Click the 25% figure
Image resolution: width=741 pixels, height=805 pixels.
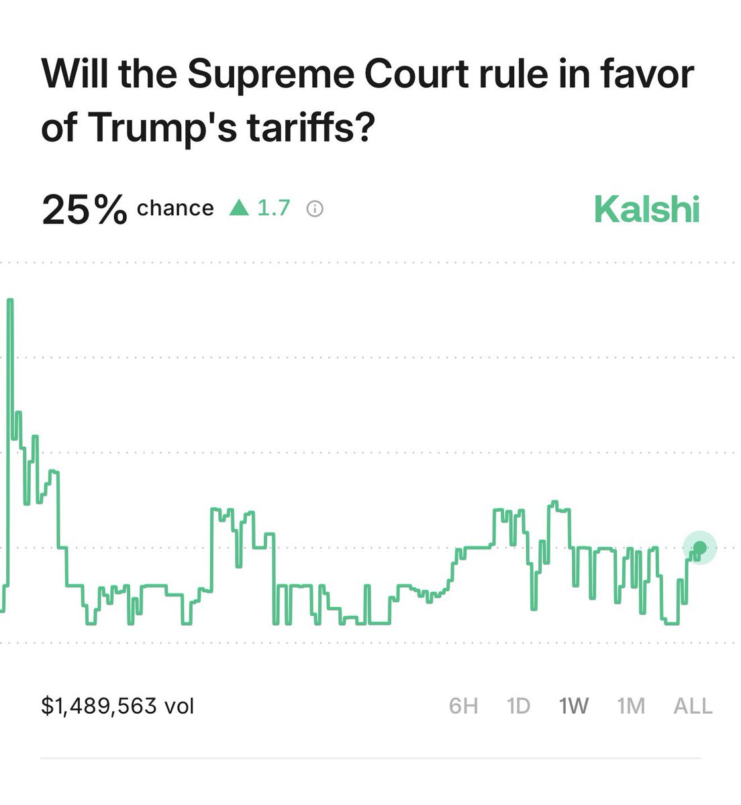[84, 209]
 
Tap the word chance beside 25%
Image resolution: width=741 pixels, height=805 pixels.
[175, 209]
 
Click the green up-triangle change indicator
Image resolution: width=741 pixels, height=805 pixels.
[239, 209]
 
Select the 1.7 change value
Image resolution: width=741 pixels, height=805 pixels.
[274, 209]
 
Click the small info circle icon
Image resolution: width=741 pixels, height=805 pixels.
[314, 209]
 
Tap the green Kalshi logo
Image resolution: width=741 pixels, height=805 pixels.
[646, 209]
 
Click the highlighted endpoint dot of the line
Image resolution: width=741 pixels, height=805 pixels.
[700, 548]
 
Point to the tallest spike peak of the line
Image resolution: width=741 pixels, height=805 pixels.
[10, 300]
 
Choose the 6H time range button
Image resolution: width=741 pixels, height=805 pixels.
[463, 706]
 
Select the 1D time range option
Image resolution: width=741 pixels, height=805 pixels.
[519, 706]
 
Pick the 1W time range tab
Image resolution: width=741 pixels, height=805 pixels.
[574, 706]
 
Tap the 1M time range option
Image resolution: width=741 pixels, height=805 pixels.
[631, 706]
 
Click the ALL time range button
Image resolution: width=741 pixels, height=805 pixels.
[693, 706]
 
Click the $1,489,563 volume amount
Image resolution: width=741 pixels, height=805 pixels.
[99, 706]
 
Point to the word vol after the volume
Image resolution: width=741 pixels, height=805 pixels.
[179, 706]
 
